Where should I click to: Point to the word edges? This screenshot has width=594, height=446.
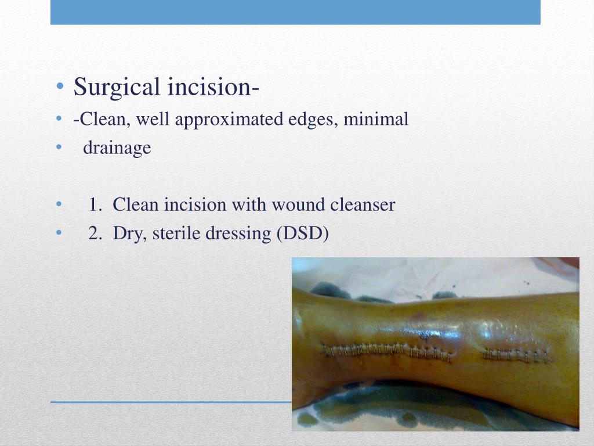pyautogui.click(x=313, y=120)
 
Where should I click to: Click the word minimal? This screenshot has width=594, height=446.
pyautogui.click(x=376, y=120)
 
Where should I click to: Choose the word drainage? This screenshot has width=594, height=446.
pyautogui.click(x=117, y=148)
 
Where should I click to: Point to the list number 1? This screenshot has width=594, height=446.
pyautogui.click(x=95, y=205)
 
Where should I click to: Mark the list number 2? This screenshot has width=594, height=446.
pyautogui.click(x=95, y=233)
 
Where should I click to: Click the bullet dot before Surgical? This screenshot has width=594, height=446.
pyautogui.click(x=60, y=88)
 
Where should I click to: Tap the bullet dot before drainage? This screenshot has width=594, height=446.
pyautogui.click(x=60, y=149)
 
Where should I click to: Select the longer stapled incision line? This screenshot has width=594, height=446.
pyautogui.click(x=387, y=351)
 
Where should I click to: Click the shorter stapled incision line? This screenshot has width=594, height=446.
pyautogui.click(x=516, y=354)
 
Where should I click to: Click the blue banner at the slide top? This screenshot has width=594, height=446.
pyautogui.click(x=295, y=12)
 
